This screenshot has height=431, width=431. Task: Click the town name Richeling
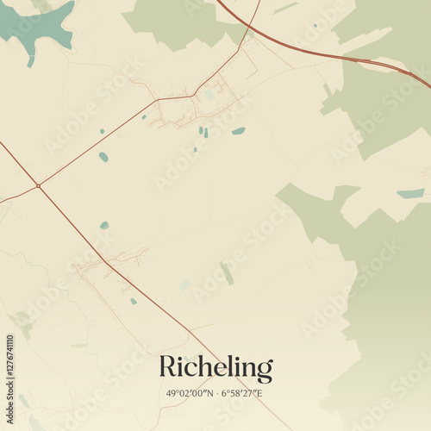coord(215,369)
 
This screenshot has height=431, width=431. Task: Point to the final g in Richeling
coord(265,372)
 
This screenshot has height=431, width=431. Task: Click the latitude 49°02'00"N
coord(191,394)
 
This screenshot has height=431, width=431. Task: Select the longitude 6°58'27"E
coord(242,394)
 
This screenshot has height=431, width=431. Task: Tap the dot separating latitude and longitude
coord(217,394)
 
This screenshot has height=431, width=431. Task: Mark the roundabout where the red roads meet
coord(38,184)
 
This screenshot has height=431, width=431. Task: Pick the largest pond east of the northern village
coord(238,131)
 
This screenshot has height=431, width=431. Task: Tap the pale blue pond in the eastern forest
coord(410,193)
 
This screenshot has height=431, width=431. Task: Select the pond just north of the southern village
coord(104,225)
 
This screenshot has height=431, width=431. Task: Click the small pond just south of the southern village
coord(133,301)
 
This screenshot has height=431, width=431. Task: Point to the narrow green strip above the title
coord(227,273)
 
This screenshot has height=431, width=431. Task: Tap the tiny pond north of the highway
coord(315,25)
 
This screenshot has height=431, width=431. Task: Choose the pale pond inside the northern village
coord(209,96)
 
